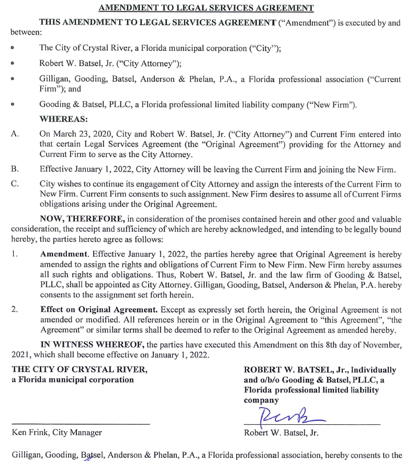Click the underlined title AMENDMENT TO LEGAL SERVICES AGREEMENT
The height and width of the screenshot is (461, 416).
tap(206, 8)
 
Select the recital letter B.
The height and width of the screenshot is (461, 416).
tap(15, 169)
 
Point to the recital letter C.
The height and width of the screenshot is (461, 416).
tap(15, 184)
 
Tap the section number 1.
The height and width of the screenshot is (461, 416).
tap(15, 254)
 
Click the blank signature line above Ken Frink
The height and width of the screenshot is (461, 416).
tap(81, 423)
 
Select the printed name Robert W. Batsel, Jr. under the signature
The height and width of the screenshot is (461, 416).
tap(281, 433)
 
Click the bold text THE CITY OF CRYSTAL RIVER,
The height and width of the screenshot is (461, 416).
tap(80, 369)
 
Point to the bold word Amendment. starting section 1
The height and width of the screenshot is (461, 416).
tap(62, 254)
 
